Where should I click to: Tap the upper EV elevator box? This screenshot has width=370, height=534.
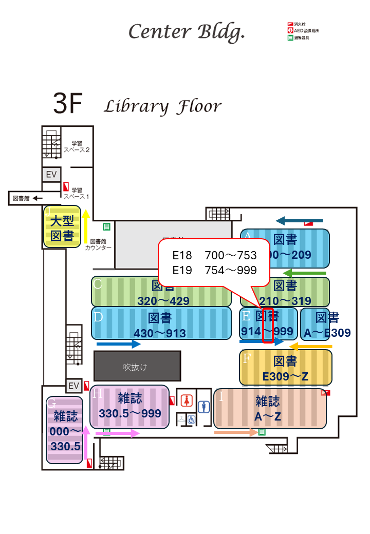tap(51, 175)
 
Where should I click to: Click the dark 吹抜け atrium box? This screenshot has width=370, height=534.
tap(137, 367)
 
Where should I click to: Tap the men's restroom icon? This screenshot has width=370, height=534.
tap(205, 407)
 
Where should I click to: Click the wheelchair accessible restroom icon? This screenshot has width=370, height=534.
tap(191, 419)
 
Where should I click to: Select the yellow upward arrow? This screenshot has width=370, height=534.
tap(86, 226)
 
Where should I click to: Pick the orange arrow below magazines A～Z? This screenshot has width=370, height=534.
tap(236, 432)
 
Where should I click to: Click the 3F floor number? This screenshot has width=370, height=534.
tap(68, 104)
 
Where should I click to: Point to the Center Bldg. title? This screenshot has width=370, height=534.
tap(187, 32)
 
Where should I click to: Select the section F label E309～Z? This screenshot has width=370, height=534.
tap(285, 376)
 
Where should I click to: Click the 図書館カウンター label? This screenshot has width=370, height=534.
tap(98, 244)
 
